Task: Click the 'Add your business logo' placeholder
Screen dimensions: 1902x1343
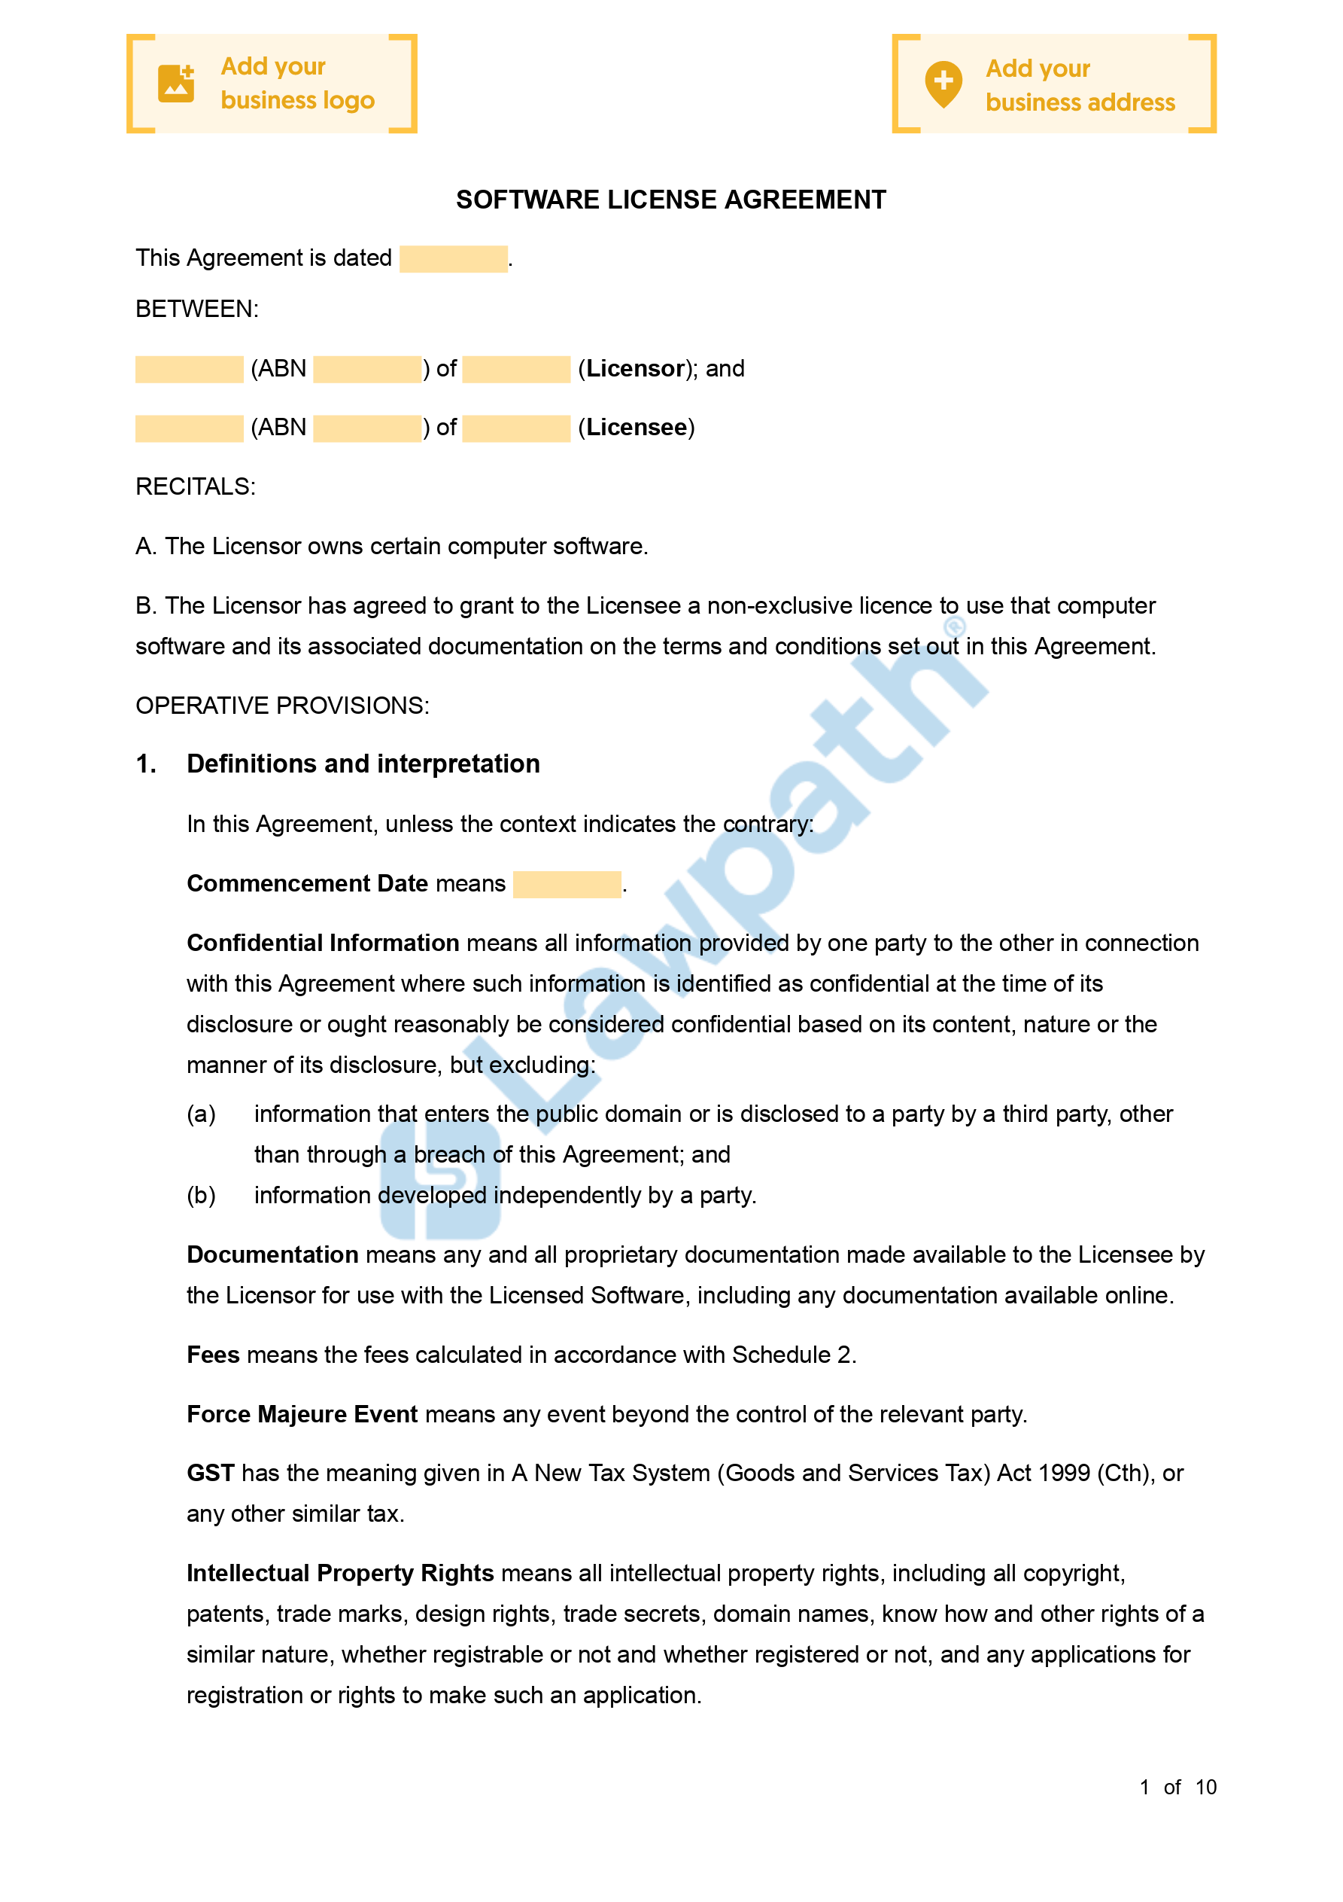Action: click(x=272, y=84)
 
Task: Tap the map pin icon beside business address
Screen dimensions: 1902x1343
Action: click(x=943, y=84)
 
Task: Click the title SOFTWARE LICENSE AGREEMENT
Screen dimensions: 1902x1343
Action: click(x=670, y=200)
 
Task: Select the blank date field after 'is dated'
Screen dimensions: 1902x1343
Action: click(x=453, y=258)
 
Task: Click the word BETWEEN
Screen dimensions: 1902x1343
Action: click(x=197, y=309)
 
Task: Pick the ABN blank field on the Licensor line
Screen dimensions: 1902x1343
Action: click(x=367, y=369)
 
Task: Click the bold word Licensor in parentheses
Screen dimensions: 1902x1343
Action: click(x=636, y=369)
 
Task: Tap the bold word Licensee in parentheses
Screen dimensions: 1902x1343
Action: click(x=636, y=428)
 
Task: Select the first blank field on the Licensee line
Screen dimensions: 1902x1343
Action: click(x=189, y=428)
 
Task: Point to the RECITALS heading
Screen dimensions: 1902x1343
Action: click(x=196, y=486)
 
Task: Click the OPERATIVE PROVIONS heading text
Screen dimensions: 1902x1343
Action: click(x=282, y=706)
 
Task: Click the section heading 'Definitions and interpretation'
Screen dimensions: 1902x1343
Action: click(x=363, y=764)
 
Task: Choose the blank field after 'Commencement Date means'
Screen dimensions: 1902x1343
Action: click(x=567, y=884)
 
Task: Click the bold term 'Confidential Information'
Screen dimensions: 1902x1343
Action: click(x=323, y=943)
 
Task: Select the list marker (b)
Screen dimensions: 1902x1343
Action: click(x=201, y=1196)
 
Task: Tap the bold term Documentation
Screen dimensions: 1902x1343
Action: click(x=272, y=1255)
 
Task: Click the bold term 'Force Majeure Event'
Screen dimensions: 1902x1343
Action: click(x=302, y=1414)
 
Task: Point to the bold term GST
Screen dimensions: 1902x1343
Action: click(x=211, y=1473)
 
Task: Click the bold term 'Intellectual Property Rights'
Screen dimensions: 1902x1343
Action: click(x=340, y=1573)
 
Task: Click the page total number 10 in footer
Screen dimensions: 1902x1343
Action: click(x=1205, y=1787)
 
